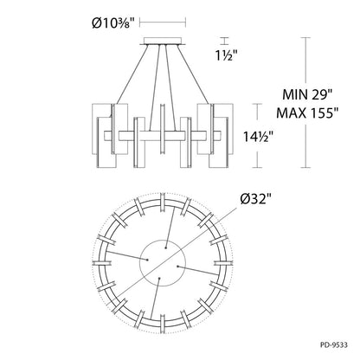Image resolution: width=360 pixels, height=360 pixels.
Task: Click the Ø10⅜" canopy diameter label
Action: tap(113, 23)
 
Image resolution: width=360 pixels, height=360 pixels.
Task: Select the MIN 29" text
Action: tap(307, 94)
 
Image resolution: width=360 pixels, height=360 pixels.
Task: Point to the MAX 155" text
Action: tap(307, 112)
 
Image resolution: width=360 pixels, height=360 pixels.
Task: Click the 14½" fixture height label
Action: tap(258, 137)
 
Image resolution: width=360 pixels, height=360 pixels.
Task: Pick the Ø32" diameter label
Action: tap(256, 199)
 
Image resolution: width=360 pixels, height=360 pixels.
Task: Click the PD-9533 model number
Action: tap(334, 344)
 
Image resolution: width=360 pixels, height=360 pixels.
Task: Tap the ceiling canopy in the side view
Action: tap(163, 42)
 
